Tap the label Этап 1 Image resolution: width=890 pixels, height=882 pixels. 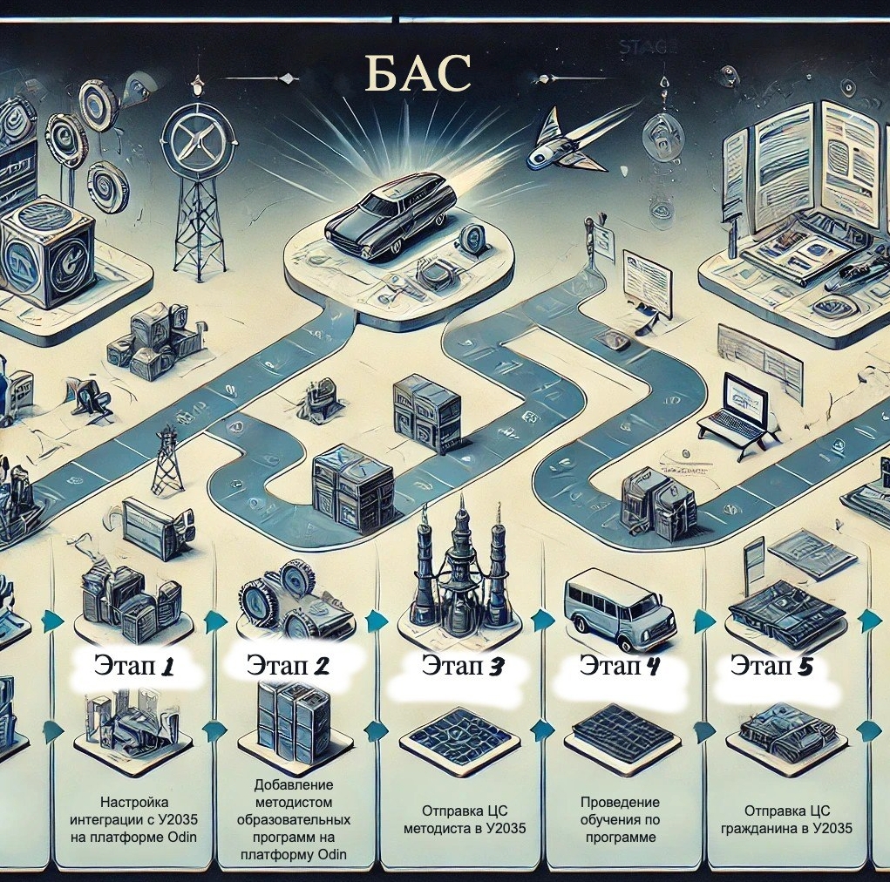click(x=134, y=668)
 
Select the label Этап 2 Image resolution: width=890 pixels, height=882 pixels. click(x=288, y=667)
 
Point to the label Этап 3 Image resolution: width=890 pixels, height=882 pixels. click(x=463, y=667)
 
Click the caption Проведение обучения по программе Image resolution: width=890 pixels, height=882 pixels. click(x=620, y=819)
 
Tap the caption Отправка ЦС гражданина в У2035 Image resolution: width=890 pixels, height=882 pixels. click(x=785, y=819)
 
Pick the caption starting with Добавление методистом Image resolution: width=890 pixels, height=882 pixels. click(x=294, y=820)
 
